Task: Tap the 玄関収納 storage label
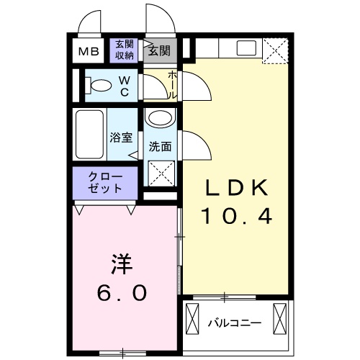click(124, 50)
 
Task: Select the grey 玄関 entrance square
click(159, 50)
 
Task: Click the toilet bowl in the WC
click(102, 86)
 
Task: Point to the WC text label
click(124, 86)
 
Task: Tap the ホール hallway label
click(171, 85)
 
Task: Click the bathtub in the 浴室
click(89, 135)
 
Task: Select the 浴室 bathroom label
click(120, 137)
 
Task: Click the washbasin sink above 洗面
click(159, 119)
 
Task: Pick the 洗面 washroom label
click(160, 146)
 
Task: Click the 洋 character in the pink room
click(122, 264)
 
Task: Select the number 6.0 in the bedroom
click(122, 292)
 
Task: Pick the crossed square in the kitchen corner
click(274, 50)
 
